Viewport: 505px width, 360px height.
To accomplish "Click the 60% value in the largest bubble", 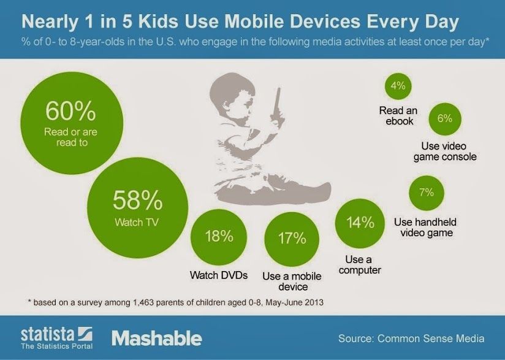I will (x=70, y=112).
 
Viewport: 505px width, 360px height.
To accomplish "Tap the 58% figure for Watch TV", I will (x=138, y=201).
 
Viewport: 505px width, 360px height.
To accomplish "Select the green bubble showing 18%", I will (x=219, y=237).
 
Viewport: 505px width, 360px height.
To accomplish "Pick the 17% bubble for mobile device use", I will (x=292, y=237).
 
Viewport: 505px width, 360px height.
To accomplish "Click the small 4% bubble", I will (x=398, y=86).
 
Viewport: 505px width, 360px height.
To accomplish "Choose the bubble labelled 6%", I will (x=444, y=118).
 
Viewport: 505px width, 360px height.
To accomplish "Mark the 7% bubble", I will (x=427, y=193).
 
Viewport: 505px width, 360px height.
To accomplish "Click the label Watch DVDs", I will (x=219, y=275).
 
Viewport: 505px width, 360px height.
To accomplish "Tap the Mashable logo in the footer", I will (x=156, y=337).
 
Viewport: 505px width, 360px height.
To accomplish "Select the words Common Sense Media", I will (x=431, y=338).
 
